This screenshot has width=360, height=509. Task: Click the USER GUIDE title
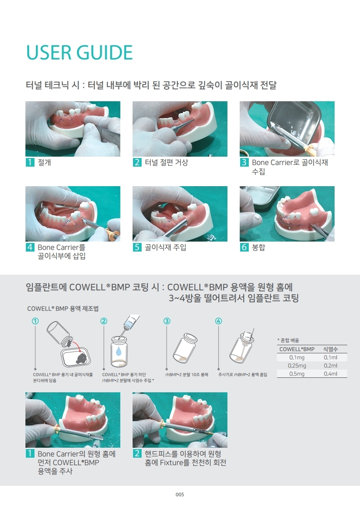[x=79, y=53]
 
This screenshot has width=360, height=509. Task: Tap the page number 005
[x=180, y=495]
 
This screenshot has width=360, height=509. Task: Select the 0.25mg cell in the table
[x=297, y=366]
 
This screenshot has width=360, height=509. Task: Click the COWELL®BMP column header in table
[x=297, y=349]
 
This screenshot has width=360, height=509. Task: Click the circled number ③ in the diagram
[x=167, y=321]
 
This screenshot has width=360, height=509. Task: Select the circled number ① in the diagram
[x=35, y=321]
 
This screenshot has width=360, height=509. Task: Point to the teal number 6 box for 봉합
[x=244, y=247]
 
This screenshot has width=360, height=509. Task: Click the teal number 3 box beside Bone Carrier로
[x=244, y=163]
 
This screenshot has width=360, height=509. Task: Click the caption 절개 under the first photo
[x=44, y=163]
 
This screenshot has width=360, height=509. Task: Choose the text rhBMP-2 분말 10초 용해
[x=187, y=375]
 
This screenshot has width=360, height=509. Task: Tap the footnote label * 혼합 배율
[x=288, y=340]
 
